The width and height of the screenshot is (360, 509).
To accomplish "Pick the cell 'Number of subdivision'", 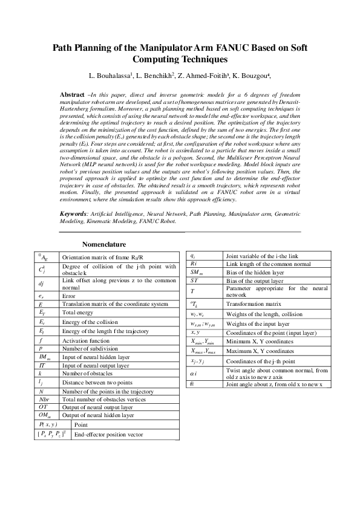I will (87, 349).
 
